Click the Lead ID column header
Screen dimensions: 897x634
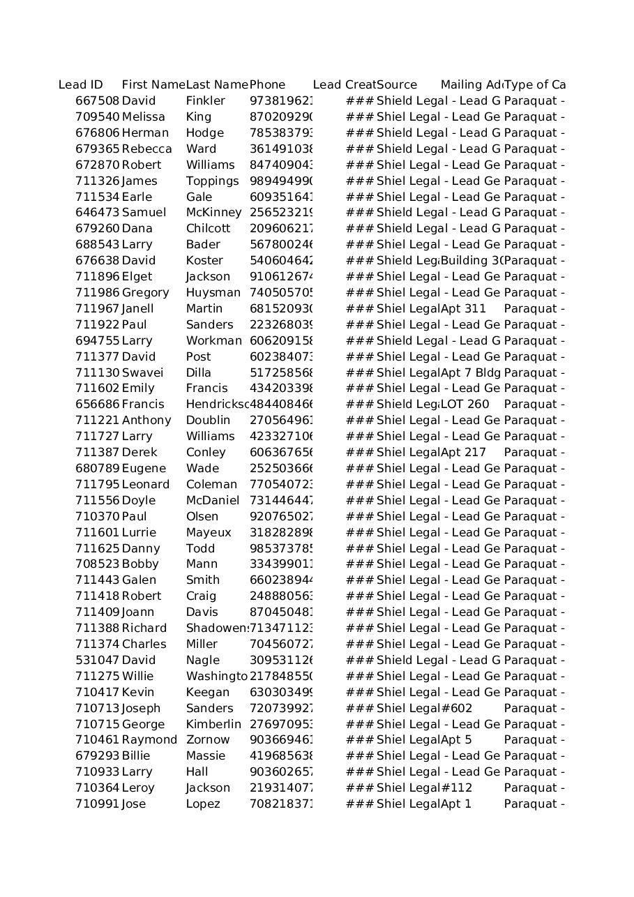coord(81,85)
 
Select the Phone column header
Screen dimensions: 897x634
coord(268,85)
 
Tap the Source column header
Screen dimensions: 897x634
coord(397,85)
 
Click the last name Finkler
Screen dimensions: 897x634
coord(206,101)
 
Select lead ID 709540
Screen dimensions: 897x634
coord(98,117)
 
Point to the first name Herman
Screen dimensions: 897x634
coord(145,133)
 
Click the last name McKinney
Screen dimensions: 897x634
coord(213,213)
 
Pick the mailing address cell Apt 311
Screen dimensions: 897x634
coord(463,308)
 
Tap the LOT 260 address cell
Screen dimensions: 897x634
coord(465,405)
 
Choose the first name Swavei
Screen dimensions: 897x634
coord(143,372)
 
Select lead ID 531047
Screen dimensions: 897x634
coord(98,660)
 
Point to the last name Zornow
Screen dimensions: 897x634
coord(208,740)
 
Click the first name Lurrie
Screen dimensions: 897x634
coord(139,532)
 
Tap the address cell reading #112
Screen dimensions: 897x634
coord(457,788)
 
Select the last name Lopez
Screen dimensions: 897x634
coord(203,804)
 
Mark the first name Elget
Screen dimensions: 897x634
coord(137,277)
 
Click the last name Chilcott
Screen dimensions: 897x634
coord(208,229)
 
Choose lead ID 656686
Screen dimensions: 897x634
coord(98,405)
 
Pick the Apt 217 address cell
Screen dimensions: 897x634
coord(463,452)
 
